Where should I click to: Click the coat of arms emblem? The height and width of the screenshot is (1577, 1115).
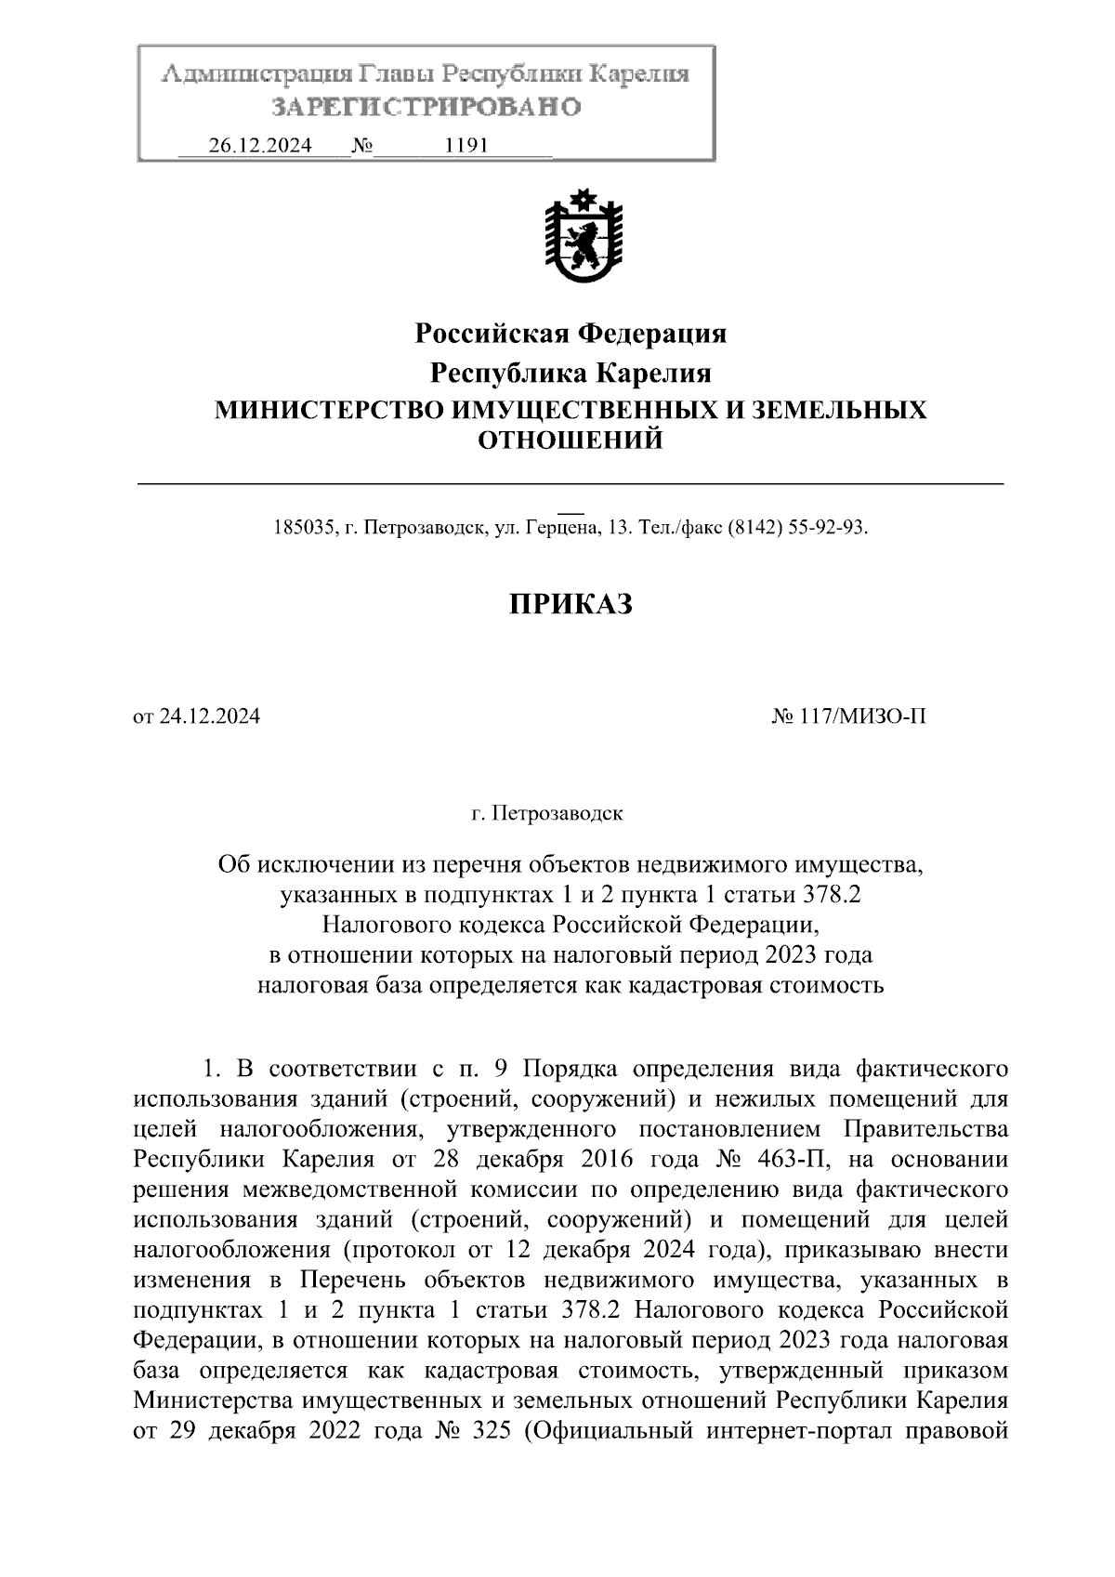point(583,237)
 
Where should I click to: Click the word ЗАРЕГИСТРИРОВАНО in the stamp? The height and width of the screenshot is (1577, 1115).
point(426,107)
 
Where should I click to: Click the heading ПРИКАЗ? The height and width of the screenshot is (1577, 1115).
point(571,605)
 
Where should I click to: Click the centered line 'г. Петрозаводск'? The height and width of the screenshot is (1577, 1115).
point(547,814)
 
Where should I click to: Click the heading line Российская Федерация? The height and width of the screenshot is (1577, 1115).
point(570,333)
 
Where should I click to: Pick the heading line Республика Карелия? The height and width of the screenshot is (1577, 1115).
point(570,373)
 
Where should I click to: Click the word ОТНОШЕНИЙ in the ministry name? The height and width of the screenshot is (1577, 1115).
point(570,440)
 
